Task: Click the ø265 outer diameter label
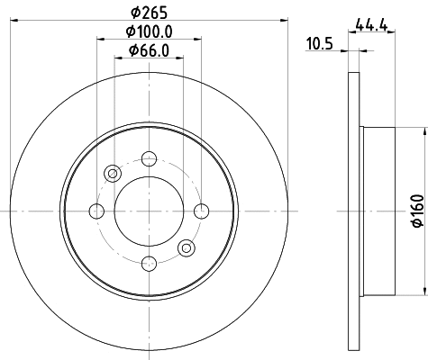[147, 13]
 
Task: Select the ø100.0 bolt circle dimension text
[147, 31]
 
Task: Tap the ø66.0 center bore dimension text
[147, 50]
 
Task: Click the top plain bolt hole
[147, 159]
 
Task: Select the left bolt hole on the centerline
[96, 211]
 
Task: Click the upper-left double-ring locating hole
[112, 174]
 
